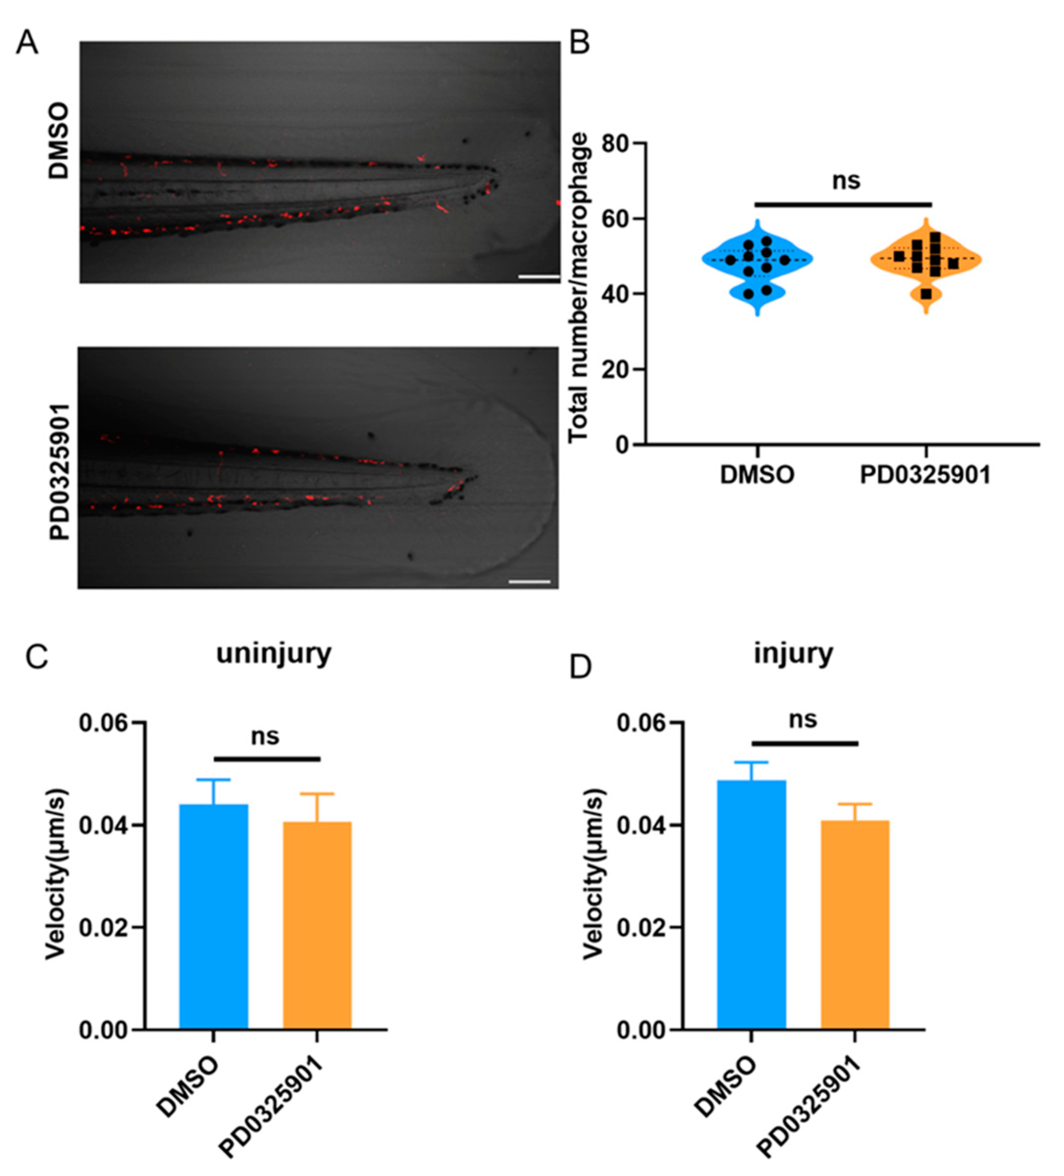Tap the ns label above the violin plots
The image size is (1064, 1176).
click(x=846, y=181)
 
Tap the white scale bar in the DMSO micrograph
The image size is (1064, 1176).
click(x=538, y=277)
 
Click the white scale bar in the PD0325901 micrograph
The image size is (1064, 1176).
click(x=529, y=581)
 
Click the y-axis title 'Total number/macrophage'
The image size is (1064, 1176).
click(x=578, y=287)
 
